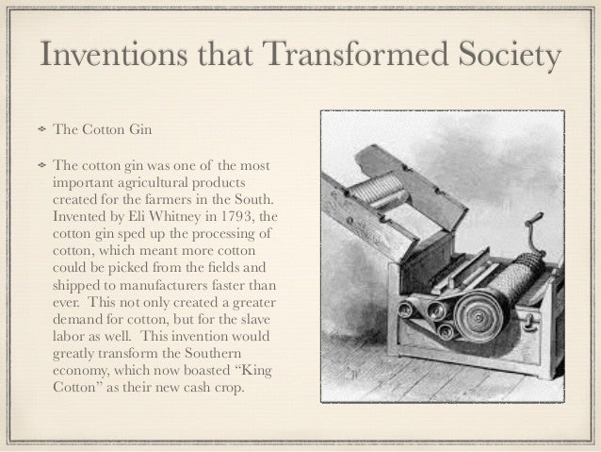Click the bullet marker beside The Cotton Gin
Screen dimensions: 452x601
[41, 128]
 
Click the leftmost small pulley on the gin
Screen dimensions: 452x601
[407, 309]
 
